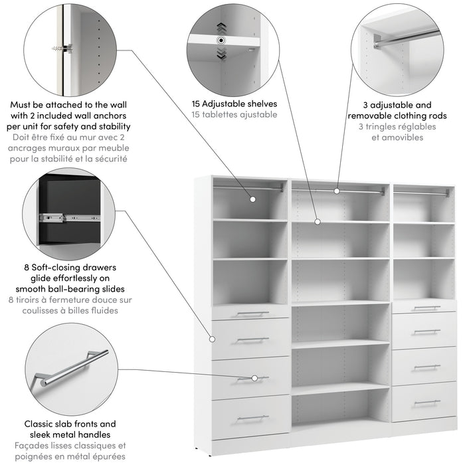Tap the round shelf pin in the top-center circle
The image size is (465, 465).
click(x=221, y=41)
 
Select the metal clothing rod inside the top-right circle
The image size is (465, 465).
click(x=405, y=38)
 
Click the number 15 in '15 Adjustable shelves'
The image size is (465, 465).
click(x=198, y=104)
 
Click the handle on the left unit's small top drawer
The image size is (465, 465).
click(x=252, y=314)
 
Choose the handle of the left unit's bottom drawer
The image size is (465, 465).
click(x=252, y=418)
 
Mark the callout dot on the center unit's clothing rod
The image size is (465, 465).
click(x=337, y=191)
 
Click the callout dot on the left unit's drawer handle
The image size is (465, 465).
click(x=255, y=379)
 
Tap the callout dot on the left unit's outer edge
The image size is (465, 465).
click(x=213, y=339)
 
